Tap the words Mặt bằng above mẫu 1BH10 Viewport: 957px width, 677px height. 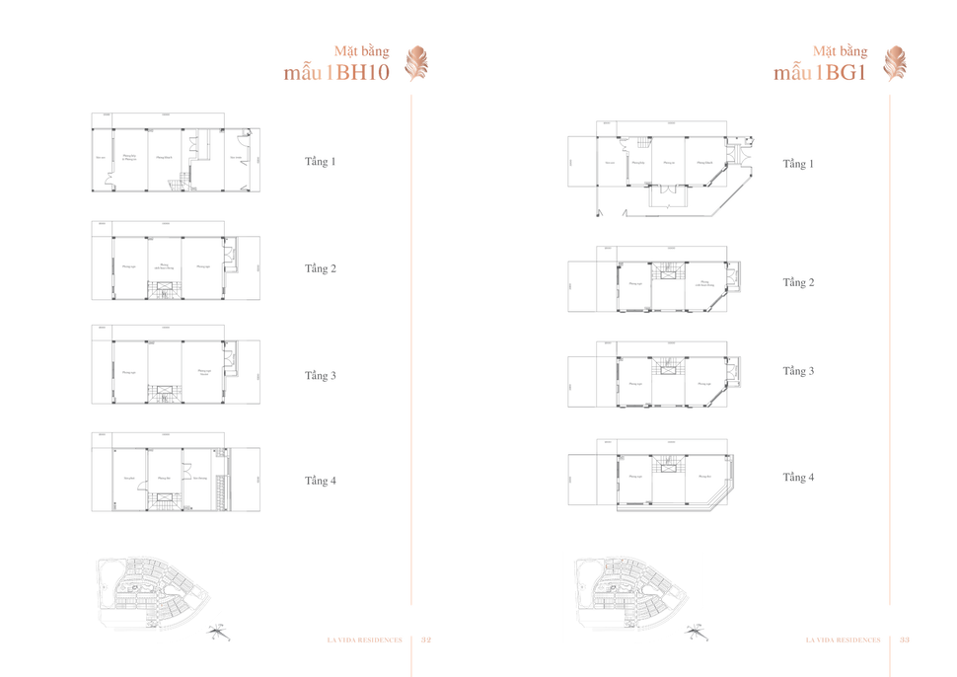(x=362, y=50)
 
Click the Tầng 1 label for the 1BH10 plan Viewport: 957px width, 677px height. (x=321, y=161)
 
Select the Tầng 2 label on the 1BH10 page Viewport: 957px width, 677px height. (x=321, y=268)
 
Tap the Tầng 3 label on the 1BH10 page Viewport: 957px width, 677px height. (x=321, y=376)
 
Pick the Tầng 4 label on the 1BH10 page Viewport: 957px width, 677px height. (x=321, y=481)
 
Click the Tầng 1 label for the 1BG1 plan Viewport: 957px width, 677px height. (x=799, y=164)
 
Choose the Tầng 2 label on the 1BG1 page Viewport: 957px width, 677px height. (x=799, y=282)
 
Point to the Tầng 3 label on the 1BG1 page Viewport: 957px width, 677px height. (x=799, y=371)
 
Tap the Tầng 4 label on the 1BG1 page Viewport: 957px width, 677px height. (x=799, y=478)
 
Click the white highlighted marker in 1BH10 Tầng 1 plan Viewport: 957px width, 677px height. (x=113, y=179)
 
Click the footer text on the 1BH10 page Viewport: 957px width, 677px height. (x=366, y=640)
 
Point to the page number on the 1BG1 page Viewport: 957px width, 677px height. (x=905, y=640)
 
